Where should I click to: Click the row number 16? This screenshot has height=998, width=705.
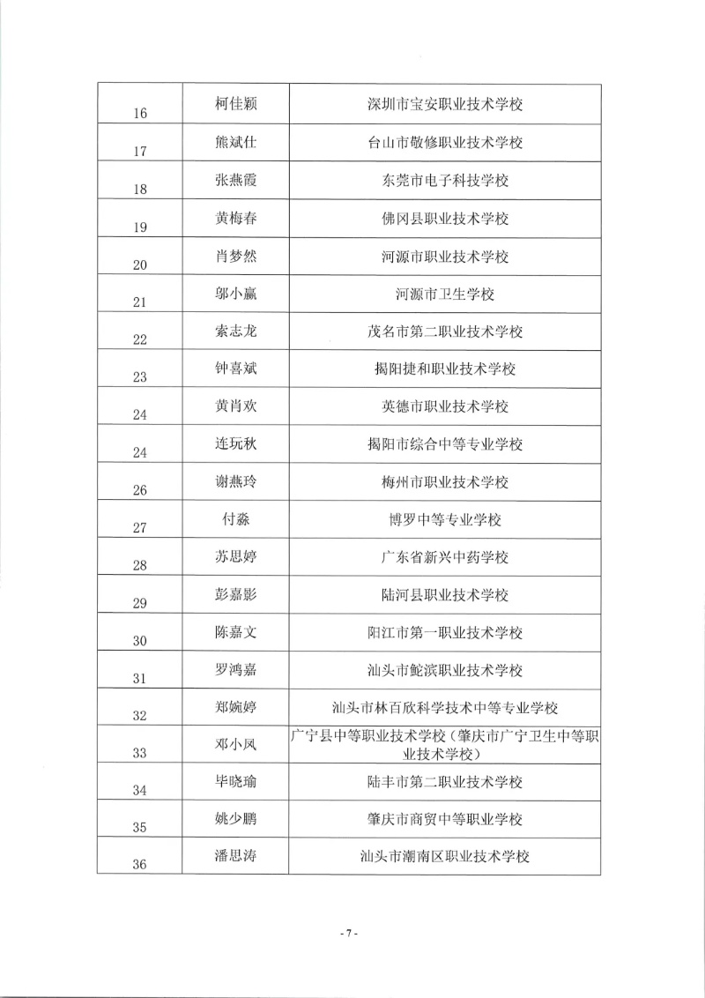tap(139, 114)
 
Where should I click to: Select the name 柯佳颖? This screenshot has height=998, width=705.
tap(235, 105)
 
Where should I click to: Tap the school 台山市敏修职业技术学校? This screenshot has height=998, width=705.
tap(445, 143)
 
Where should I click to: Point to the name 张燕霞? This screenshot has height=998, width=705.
tap(235, 181)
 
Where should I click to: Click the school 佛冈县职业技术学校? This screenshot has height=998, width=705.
tap(445, 219)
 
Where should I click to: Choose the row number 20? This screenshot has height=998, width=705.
tap(139, 264)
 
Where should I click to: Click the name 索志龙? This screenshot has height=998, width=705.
tap(235, 331)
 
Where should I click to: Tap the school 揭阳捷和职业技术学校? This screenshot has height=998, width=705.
tap(445, 369)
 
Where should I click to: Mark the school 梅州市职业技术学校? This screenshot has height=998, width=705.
tap(445, 482)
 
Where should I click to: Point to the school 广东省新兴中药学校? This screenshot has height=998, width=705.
tap(445, 558)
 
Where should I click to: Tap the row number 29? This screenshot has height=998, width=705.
tap(139, 604)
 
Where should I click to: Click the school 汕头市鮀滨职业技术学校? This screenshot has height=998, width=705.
tap(445, 671)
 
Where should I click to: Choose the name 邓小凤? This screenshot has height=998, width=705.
tap(235, 745)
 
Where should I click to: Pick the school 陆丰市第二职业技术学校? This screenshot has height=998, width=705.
tap(445, 782)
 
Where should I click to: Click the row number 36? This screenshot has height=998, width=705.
tap(139, 865)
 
